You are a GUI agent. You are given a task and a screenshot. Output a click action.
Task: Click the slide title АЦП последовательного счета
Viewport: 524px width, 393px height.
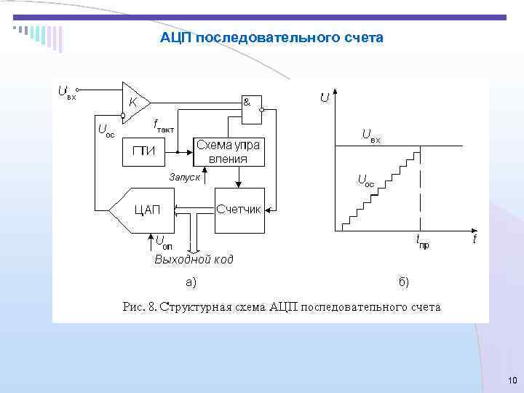pyautogui.click(x=271, y=37)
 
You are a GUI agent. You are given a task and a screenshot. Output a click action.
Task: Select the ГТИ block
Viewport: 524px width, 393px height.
pyautogui.click(x=143, y=151)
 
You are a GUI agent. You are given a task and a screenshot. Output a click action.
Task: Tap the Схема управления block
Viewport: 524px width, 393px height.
pyautogui.click(x=227, y=152)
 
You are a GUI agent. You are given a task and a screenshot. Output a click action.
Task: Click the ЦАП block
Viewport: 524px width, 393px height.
pyautogui.click(x=145, y=210)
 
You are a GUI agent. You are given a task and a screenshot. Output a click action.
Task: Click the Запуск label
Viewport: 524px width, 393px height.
pyautogui.click(x=184, y=176)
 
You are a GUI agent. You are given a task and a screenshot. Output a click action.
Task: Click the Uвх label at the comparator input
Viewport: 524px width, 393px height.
pyautogui.click(x=66, y=92)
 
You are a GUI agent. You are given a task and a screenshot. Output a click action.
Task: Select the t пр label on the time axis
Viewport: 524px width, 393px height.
pyautogui.click(x=422, y=241)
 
